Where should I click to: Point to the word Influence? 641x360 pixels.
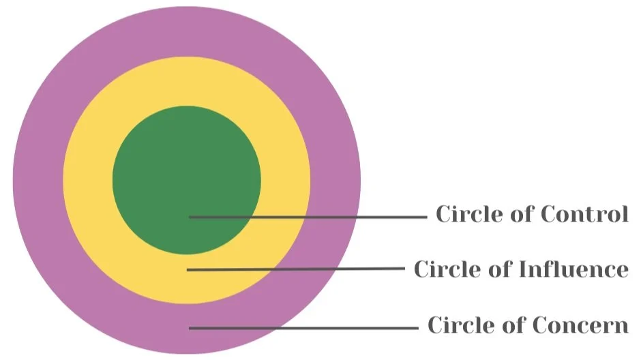click(573, 269)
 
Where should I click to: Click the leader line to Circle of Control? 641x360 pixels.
click(307, 217)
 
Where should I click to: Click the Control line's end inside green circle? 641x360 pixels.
click(191, 217)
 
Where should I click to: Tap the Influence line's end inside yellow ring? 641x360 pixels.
click(189, 270)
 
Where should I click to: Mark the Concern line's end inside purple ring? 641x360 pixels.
click(191, 328)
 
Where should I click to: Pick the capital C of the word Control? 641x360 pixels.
click(548, 215)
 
